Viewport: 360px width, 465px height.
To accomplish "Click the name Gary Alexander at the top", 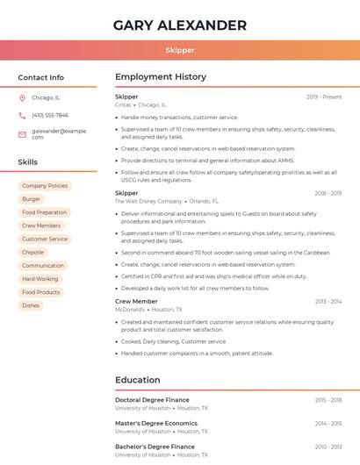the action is point(179,25).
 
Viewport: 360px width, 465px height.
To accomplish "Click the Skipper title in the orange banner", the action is point(179,50).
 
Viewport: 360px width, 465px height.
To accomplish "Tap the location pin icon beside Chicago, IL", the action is point(23,97).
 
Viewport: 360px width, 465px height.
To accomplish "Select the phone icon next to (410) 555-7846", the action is point(23,115).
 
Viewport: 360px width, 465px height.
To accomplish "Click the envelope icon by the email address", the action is point(23,133).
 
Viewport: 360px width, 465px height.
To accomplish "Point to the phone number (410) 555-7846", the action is point(50,115).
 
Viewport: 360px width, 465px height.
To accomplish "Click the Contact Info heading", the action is point(41,77).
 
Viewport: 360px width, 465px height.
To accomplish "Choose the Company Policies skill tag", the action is point(45,186).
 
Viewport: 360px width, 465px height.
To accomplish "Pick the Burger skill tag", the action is point(32,199).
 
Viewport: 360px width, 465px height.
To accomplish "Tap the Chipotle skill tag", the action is point(33,252).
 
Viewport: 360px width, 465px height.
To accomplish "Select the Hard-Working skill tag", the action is point(40,279).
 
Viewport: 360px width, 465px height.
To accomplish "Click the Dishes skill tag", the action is point(32,305).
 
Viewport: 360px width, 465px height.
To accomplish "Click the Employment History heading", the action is point(161,77).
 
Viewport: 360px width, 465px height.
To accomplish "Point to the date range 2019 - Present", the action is point(324,97).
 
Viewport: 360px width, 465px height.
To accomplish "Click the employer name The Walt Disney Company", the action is point(148,201).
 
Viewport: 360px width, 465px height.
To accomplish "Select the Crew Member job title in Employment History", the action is point(136,301).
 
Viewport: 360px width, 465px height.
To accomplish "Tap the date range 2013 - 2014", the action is point(328,301).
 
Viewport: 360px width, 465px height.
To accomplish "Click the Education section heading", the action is point(138,380).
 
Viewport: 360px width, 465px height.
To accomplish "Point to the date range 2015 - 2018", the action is point(328,399).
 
